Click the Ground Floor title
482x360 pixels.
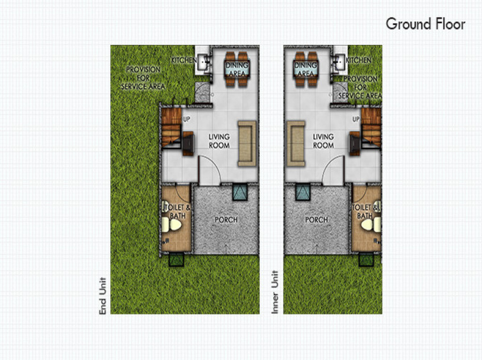(x=425, y=24)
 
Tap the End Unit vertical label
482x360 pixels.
(x=103, y=296)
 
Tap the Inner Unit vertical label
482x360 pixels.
(x=276, y=294)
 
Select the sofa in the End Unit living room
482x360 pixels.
(x=247, y=143)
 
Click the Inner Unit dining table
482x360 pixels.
(x=306, y=69)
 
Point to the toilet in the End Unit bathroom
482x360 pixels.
(x=173, y=225)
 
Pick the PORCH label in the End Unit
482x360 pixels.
(x=226, y=220)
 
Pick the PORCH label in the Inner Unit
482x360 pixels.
(x=317, y=220)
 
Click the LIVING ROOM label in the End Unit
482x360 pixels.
(x=219, y=141)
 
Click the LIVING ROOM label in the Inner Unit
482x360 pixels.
(x=323, y=141)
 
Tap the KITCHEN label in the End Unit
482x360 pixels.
(x=185, y=60)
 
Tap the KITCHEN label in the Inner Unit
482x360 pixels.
(x=359, y=60)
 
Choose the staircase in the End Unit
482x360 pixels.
(x=172, y=128)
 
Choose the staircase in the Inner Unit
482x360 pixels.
(x=370, y=128)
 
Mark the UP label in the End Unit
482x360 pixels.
(x=186, y=119)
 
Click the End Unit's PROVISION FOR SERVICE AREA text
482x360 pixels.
(x=143, y=78)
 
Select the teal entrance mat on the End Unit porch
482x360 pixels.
(x=240, y=192)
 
